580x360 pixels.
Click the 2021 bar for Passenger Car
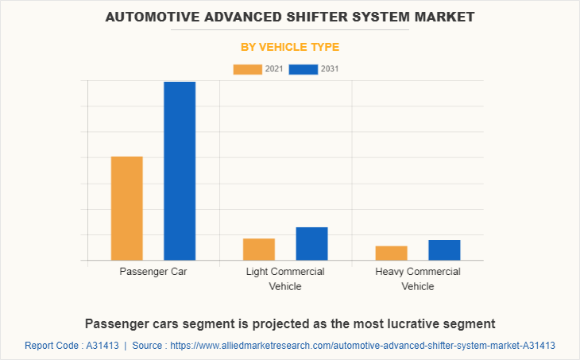(127, 208)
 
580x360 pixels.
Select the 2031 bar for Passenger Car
(180, 171)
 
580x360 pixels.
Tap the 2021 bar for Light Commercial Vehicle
(259, 250)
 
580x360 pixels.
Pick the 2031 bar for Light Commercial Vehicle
(311, 244)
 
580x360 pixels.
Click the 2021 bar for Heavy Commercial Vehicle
(391, 253)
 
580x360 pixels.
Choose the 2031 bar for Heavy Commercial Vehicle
(444, 250)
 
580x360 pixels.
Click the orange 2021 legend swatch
(247, 69)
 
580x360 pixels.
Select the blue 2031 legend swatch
(304, 69)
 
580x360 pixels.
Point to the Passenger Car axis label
(153, 272)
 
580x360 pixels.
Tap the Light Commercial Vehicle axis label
(285, 279)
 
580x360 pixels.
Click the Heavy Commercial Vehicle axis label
(418, 279)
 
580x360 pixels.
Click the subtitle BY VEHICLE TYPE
(290, 47)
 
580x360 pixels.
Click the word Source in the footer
(149, 346)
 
